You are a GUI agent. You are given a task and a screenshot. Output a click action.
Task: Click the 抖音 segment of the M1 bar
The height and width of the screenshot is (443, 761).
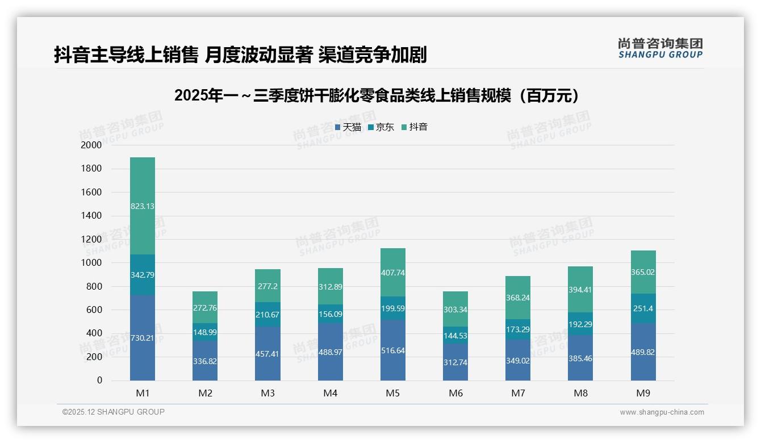click(x=143, y=206)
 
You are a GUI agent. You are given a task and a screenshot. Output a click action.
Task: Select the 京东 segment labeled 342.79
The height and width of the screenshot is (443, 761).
click(x=143, y=275)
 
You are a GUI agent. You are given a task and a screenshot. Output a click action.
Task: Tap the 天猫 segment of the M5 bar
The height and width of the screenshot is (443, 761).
click(x=393, y=350)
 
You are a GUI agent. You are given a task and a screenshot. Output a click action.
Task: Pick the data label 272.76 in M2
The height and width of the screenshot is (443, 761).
click(x=205, y=308)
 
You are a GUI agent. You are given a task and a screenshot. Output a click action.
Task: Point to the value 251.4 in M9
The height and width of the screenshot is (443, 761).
click(x=643, y=308)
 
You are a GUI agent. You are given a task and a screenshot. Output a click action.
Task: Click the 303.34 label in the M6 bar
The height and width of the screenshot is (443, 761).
click(x=455, y=309)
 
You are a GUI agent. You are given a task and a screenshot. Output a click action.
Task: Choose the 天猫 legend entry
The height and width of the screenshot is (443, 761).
click(x=348, y=127)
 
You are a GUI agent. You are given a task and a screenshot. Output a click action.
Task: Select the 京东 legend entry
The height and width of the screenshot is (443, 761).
click(x=381, y=127)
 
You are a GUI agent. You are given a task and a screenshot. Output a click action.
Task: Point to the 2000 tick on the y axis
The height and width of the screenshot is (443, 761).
click(x=91, y=145)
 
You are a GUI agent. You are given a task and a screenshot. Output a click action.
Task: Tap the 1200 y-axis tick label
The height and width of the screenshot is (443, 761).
click(x=91, y=239)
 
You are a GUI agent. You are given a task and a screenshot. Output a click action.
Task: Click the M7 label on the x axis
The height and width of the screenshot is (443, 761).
click(x=518, y=393)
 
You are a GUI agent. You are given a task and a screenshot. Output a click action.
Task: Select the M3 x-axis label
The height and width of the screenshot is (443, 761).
click(x=267, y=393)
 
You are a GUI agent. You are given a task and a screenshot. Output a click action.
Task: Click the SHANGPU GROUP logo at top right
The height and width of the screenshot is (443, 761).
click(x=660, y=48)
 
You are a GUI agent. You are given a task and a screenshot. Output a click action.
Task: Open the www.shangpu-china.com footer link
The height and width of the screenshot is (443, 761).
click(x=662, y=412)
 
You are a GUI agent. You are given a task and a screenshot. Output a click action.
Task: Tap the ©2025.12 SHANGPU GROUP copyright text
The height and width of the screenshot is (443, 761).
click(x=114, y=412)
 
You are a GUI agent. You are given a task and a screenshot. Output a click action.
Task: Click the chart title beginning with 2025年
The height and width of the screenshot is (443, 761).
click(x=379, y=95)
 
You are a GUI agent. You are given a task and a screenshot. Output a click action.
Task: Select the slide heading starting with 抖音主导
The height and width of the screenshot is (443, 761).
click(x=240, y=55)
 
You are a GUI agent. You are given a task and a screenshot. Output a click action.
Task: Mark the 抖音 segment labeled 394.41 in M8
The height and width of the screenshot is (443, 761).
click(x=580, y=290)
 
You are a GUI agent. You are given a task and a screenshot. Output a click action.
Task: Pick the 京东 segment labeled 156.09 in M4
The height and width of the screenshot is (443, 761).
click(x=330, y=314)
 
